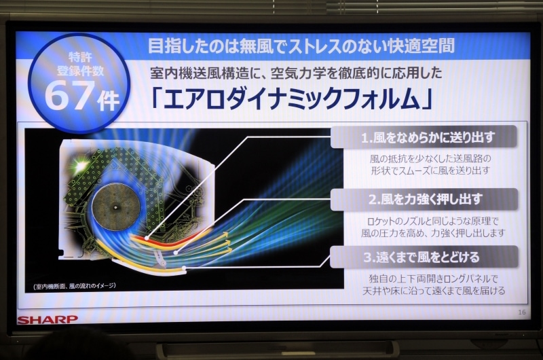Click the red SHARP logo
pos(48,319)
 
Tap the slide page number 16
pos(521,312)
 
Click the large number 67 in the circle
pos(70,95)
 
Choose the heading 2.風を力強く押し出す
pos(426,199)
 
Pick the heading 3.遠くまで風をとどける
pos(421,257)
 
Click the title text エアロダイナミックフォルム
pos(292,99)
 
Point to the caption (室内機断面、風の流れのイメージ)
pos(75,286)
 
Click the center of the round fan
pos(115,208)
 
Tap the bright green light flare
pos(80,164)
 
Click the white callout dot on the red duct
pos(147,238)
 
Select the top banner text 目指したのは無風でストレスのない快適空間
pos(301,46)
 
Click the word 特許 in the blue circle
pos(80,56)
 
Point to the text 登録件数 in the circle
pos(80,71)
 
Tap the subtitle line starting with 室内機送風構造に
pos(297,73)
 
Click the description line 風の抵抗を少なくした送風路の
pos(430,159)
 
